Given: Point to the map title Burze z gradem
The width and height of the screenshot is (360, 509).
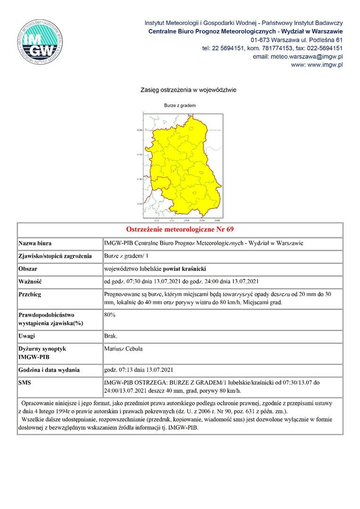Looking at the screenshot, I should (x=180, y=106).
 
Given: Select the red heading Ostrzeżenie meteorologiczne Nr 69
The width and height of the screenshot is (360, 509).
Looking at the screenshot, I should (x=180, y=230).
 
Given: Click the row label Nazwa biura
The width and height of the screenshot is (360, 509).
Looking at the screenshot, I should (x=35, y=244).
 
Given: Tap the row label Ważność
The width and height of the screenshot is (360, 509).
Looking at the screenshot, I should (x=30, y=282).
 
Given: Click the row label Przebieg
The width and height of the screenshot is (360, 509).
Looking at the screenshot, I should (x=30, y=294).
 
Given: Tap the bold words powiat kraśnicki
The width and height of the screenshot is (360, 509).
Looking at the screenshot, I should (x=185, y=269).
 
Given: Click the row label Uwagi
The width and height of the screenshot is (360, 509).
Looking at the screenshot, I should (x=27, y=336).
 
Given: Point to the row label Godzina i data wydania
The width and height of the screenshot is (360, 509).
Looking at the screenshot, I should (x=49, y=370).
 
